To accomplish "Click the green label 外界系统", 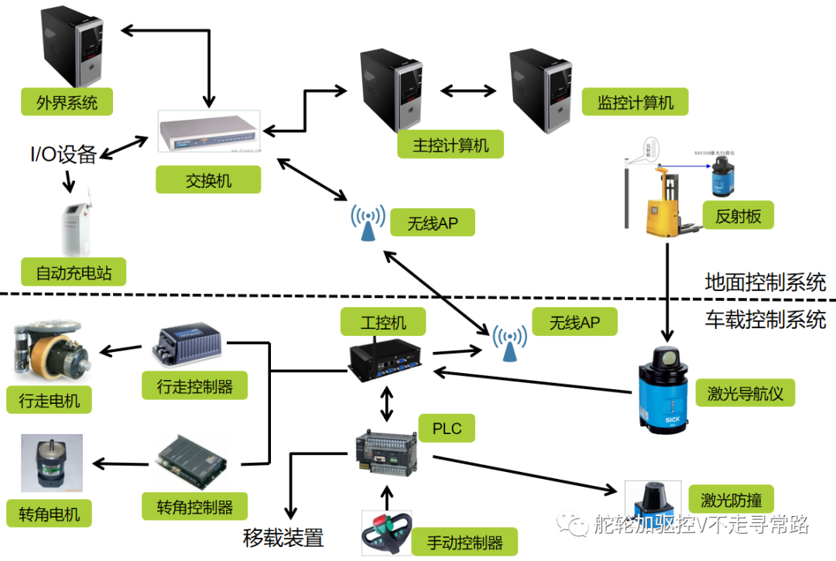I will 67,101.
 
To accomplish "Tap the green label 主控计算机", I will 451,145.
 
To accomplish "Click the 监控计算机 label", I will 635,102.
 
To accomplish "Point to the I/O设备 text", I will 63,154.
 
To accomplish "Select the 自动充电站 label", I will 74,272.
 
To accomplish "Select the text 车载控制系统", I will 765,319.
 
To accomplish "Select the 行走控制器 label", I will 194,385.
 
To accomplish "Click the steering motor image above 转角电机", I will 51,463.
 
